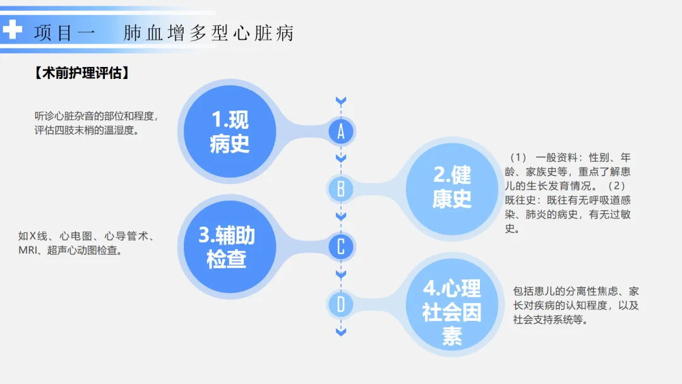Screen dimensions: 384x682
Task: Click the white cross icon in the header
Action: pyautogui.click(x=13, y=30)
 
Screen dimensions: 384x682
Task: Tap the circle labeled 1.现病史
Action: pyautogui.click(x=229, y=131)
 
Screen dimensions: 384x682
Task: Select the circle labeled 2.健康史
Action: pyautogui.click(x=452, y=187)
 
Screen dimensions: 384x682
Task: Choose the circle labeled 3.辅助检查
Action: pyautogui.click(x=227, y=246)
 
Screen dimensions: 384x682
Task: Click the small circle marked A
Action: pyautogui.click(x=341, y=131)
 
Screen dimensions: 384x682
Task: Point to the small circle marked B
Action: pyautogui.click(x=341, y=189)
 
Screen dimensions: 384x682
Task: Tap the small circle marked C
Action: pyautogui.click(x=341, y=246)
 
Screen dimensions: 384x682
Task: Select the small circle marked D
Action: pyautogui.click(x=341, y=305)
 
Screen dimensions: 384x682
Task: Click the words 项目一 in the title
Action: pyautogui.click(x=65, y=33)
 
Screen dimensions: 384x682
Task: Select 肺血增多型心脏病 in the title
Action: pyautogui.click(x=208, y=33)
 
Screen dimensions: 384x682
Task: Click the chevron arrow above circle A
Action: pyautogui.click(x=341, y=101)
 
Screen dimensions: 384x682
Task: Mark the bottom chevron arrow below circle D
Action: pyautogui.click(x=341, y=332)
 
